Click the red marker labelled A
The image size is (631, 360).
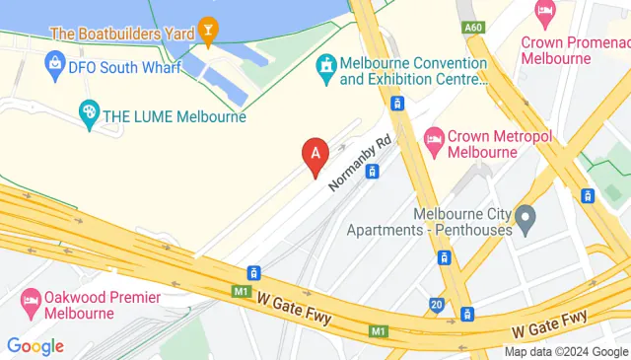(x=315, y=155)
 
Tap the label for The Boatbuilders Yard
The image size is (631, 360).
(x=121, y=32)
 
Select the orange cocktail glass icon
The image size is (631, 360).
(x=208, y=31)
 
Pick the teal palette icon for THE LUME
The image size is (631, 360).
(x=89, y=115)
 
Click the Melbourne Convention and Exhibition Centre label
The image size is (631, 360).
(x=413, y=72)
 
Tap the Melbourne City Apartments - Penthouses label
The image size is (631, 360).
(x=429, y=222)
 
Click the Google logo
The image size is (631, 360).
(x=35, y=346)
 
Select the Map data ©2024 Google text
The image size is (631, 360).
(x=566, y=352)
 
